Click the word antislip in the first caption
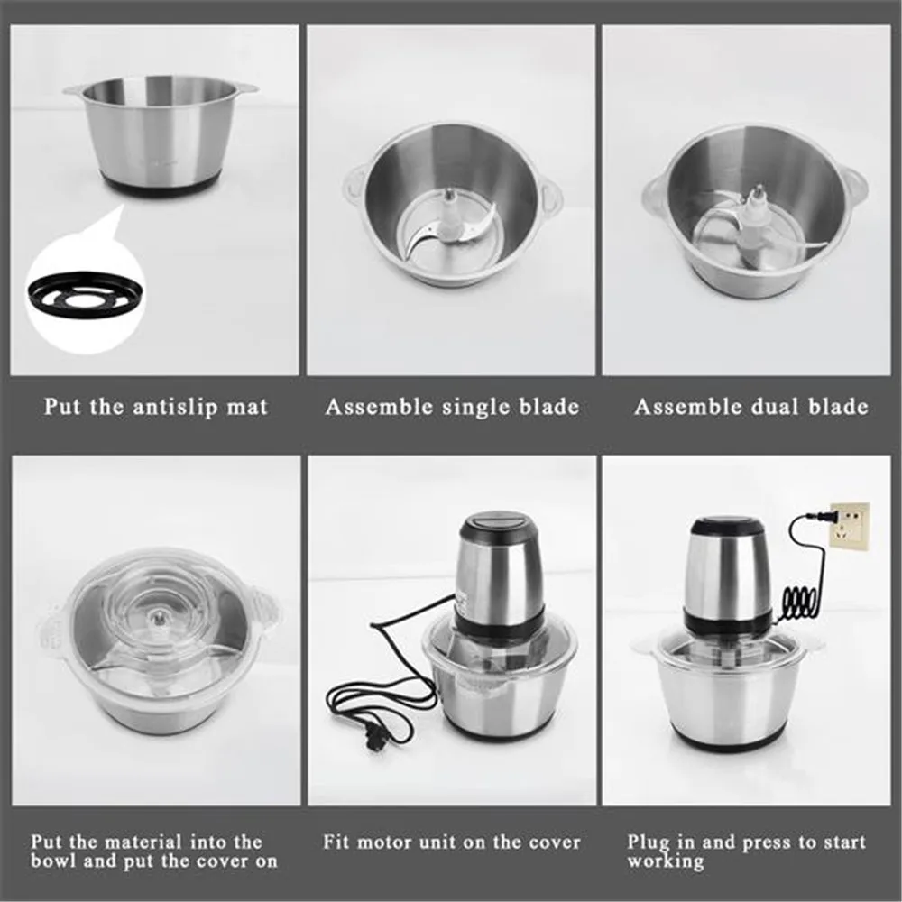tap(168, 407)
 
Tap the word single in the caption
tap(475, 407)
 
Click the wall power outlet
tap(849, 524)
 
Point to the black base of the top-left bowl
tap(160, 182)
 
